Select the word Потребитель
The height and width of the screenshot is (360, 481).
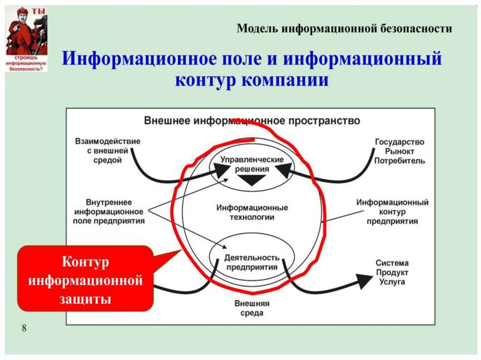pos(400,161)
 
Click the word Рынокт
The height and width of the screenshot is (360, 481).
pos(400,151)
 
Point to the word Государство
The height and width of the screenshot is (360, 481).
pos(400,142)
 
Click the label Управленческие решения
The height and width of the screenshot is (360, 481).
pos(252,164)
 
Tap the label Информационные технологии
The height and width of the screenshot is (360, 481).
pos(252,212)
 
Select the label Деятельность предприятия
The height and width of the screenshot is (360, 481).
pos(252,262)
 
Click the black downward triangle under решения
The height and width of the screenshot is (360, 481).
pos(252,180)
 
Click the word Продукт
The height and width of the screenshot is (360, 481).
pos(392,273)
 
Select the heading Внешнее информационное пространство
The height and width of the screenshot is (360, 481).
pos(252,121)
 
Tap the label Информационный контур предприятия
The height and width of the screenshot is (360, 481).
pos(392,212)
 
